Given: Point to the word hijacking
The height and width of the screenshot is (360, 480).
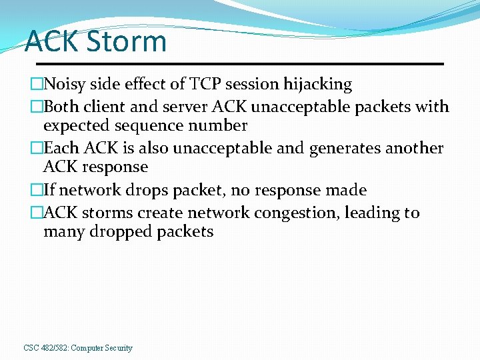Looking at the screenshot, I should point(317,84).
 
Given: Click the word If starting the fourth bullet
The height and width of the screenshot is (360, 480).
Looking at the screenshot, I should point(49,190).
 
